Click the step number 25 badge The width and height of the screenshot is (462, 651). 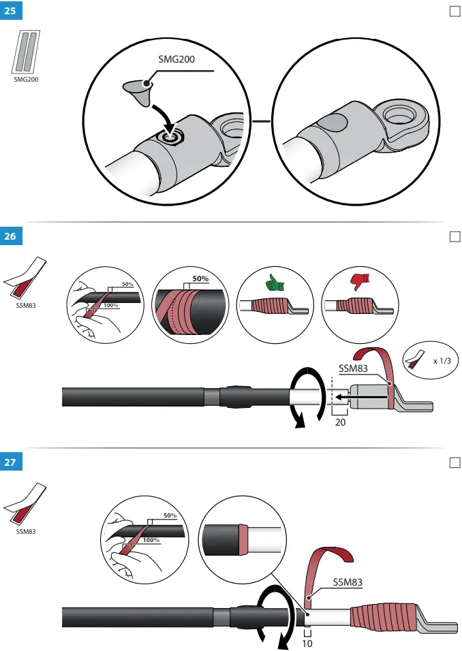(x=10, y=12)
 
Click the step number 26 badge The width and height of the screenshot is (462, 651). (x=10, y=237)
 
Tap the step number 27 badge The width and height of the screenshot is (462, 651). (x=10, y=463)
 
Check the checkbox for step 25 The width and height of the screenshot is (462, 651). (x=455, y=11)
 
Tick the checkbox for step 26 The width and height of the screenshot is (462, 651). (x=455, y=236)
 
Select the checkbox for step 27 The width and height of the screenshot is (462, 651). (x=455, y=462)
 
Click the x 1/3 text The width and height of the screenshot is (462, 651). (x=442, y=361)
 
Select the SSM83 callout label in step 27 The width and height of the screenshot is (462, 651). (x=348, y=582)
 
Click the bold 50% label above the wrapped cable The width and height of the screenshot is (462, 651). (x=200, y=279)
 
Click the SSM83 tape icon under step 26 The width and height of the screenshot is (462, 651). (x=23, y=279)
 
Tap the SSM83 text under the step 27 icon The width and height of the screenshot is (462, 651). (x=25, y=531)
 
